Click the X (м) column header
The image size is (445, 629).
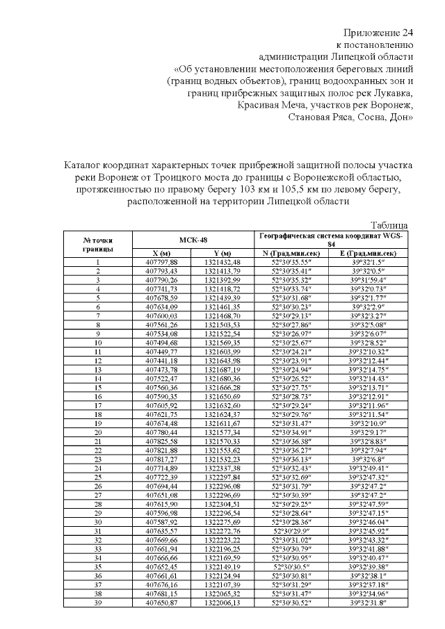pos(161,253)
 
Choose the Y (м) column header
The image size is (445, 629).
pos(222,253)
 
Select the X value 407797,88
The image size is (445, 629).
pos(161,261)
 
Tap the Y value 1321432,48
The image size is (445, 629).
pos(222,261)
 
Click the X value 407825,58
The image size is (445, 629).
pos(161,441)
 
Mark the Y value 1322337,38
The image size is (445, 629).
pos(222,468)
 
